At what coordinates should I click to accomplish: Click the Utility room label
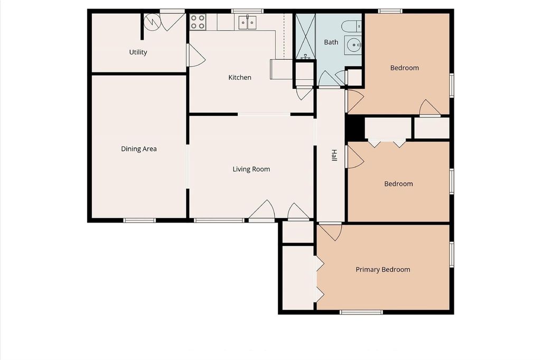point(138,52)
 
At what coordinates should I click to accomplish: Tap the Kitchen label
point(240,77)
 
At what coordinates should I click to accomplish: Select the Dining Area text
point(139,149)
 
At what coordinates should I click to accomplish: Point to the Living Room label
point(251,169)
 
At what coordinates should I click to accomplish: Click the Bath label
point(331,42)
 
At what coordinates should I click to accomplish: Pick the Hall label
point(334,155)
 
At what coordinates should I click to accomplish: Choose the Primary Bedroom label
point(383,270)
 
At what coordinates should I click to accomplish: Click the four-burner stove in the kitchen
point(198,22)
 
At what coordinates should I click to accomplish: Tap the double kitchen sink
point(247,22)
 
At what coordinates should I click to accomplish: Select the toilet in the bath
point(351,26)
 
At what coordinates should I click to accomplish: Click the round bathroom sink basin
point(354,45)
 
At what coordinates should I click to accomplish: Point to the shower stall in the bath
point(306,36)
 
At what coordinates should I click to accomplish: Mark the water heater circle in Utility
point(152,22)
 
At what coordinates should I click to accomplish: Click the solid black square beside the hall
point(355,128)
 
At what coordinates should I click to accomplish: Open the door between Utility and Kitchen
point(195,55)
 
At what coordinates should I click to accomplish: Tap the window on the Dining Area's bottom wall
point(139,220)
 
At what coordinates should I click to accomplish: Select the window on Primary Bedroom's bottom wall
point(361,312)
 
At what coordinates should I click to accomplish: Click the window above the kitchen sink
point(247,11)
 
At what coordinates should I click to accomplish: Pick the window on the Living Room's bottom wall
point(219,220)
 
